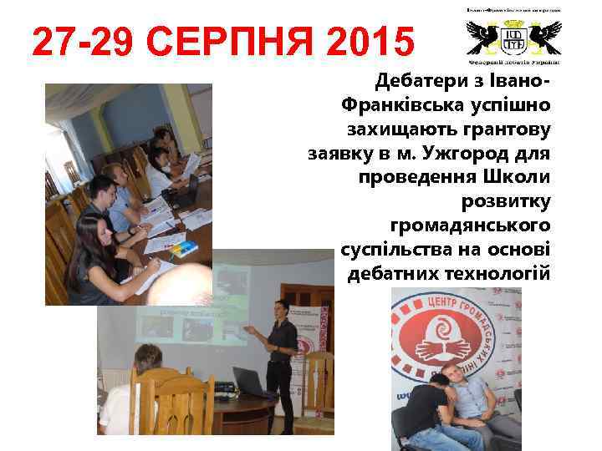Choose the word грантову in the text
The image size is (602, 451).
tap(504, 129)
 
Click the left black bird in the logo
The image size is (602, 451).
tap(484, 36)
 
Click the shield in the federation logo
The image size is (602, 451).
tap(514, 38)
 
